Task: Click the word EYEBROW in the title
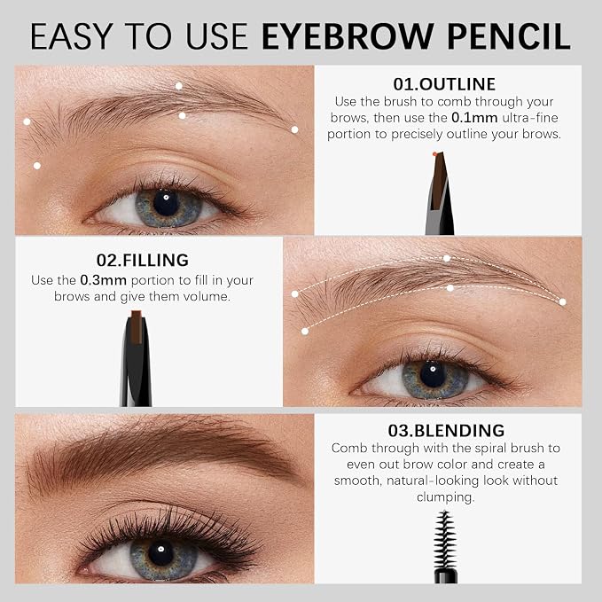(x=348, y=36)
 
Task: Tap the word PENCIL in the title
(x=509, y=36)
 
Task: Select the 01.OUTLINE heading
(x=444, y=84)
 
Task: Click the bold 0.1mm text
(x=474, y=118)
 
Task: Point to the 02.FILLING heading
(x=143, y=260)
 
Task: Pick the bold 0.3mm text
(x=103, y=280)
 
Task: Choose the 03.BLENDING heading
(x=446, y=430)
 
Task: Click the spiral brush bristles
(x=444, y=540)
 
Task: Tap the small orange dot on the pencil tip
(x=434, y=154)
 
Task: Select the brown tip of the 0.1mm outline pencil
(x=440, y=176)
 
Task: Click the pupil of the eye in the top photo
(x=166, y=202)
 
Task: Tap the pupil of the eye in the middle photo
(x=433, y=373)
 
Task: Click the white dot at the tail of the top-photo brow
(x=294, y=129)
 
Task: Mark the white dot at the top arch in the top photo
(x=179, y=86)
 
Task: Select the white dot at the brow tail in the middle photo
(x=562, y=302)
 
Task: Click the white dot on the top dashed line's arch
(x=447, y=258)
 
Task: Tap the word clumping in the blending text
(x=446, y=497)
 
